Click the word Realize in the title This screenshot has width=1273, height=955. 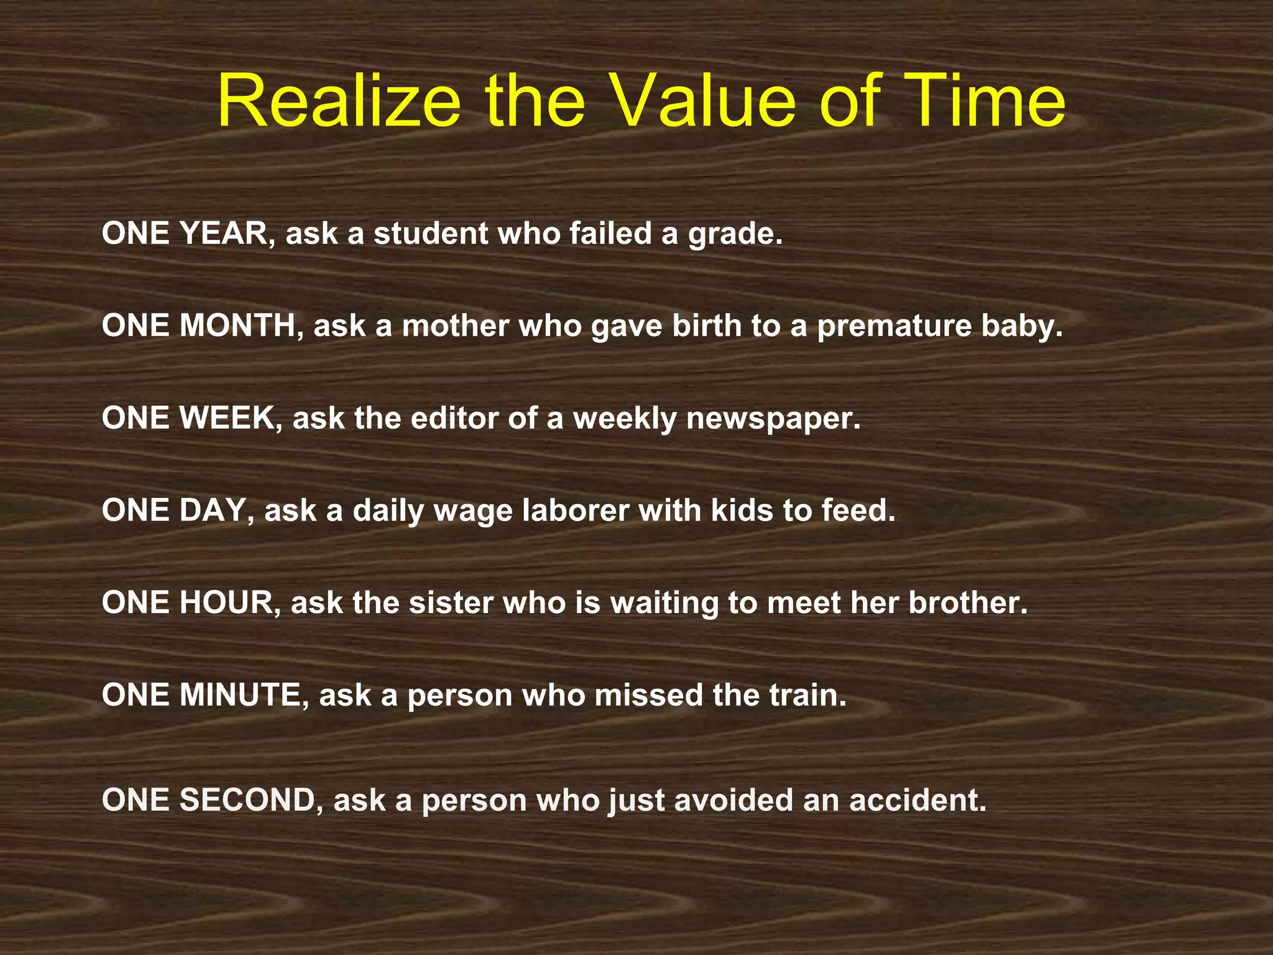point(339,101)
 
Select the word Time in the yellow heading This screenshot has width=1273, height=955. point(989,101)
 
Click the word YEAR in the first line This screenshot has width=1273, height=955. point(224,234)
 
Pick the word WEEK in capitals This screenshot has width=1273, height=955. point(227,418)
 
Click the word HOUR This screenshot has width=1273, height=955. point(226,602)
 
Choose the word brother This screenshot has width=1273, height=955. point(967,602)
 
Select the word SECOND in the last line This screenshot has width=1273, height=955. point(247,800)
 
